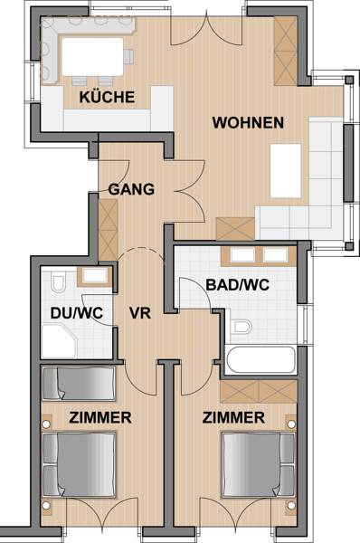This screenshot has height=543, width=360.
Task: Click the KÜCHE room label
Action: (x=107, y=97)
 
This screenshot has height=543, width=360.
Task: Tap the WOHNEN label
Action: (x=248, y=123)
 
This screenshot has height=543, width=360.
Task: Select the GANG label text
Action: (x=131, y=189)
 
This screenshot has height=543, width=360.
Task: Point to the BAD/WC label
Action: (x=238, y=285)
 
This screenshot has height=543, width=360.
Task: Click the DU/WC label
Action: (x=77, y=313)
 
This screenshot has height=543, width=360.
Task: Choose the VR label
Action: (x=140, y=313)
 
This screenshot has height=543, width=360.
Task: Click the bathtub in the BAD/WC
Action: (x=261, y=359)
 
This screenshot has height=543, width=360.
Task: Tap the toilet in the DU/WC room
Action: (x=58, y=282)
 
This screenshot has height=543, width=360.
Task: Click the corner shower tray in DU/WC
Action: (x=59, y=341)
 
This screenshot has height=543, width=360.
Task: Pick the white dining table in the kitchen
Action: (x=92, y=57)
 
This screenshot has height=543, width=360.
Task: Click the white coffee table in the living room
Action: (x=286, y=171)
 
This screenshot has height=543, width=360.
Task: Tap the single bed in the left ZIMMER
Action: (x=79, y=384)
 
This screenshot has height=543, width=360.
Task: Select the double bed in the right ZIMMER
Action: (x=259, y=464)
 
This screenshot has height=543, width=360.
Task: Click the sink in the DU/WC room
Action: (x=94, y=276)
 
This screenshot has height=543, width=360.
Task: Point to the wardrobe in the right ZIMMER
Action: (x=259, y=391)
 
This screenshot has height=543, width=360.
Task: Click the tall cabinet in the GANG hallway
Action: (x=109, y=230)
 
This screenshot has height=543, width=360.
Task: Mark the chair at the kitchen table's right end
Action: (x=128, y=57)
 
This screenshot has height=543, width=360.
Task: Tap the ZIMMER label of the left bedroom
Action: (x=100, y=417)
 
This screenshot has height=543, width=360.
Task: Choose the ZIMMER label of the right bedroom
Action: (x=233, y=417)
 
